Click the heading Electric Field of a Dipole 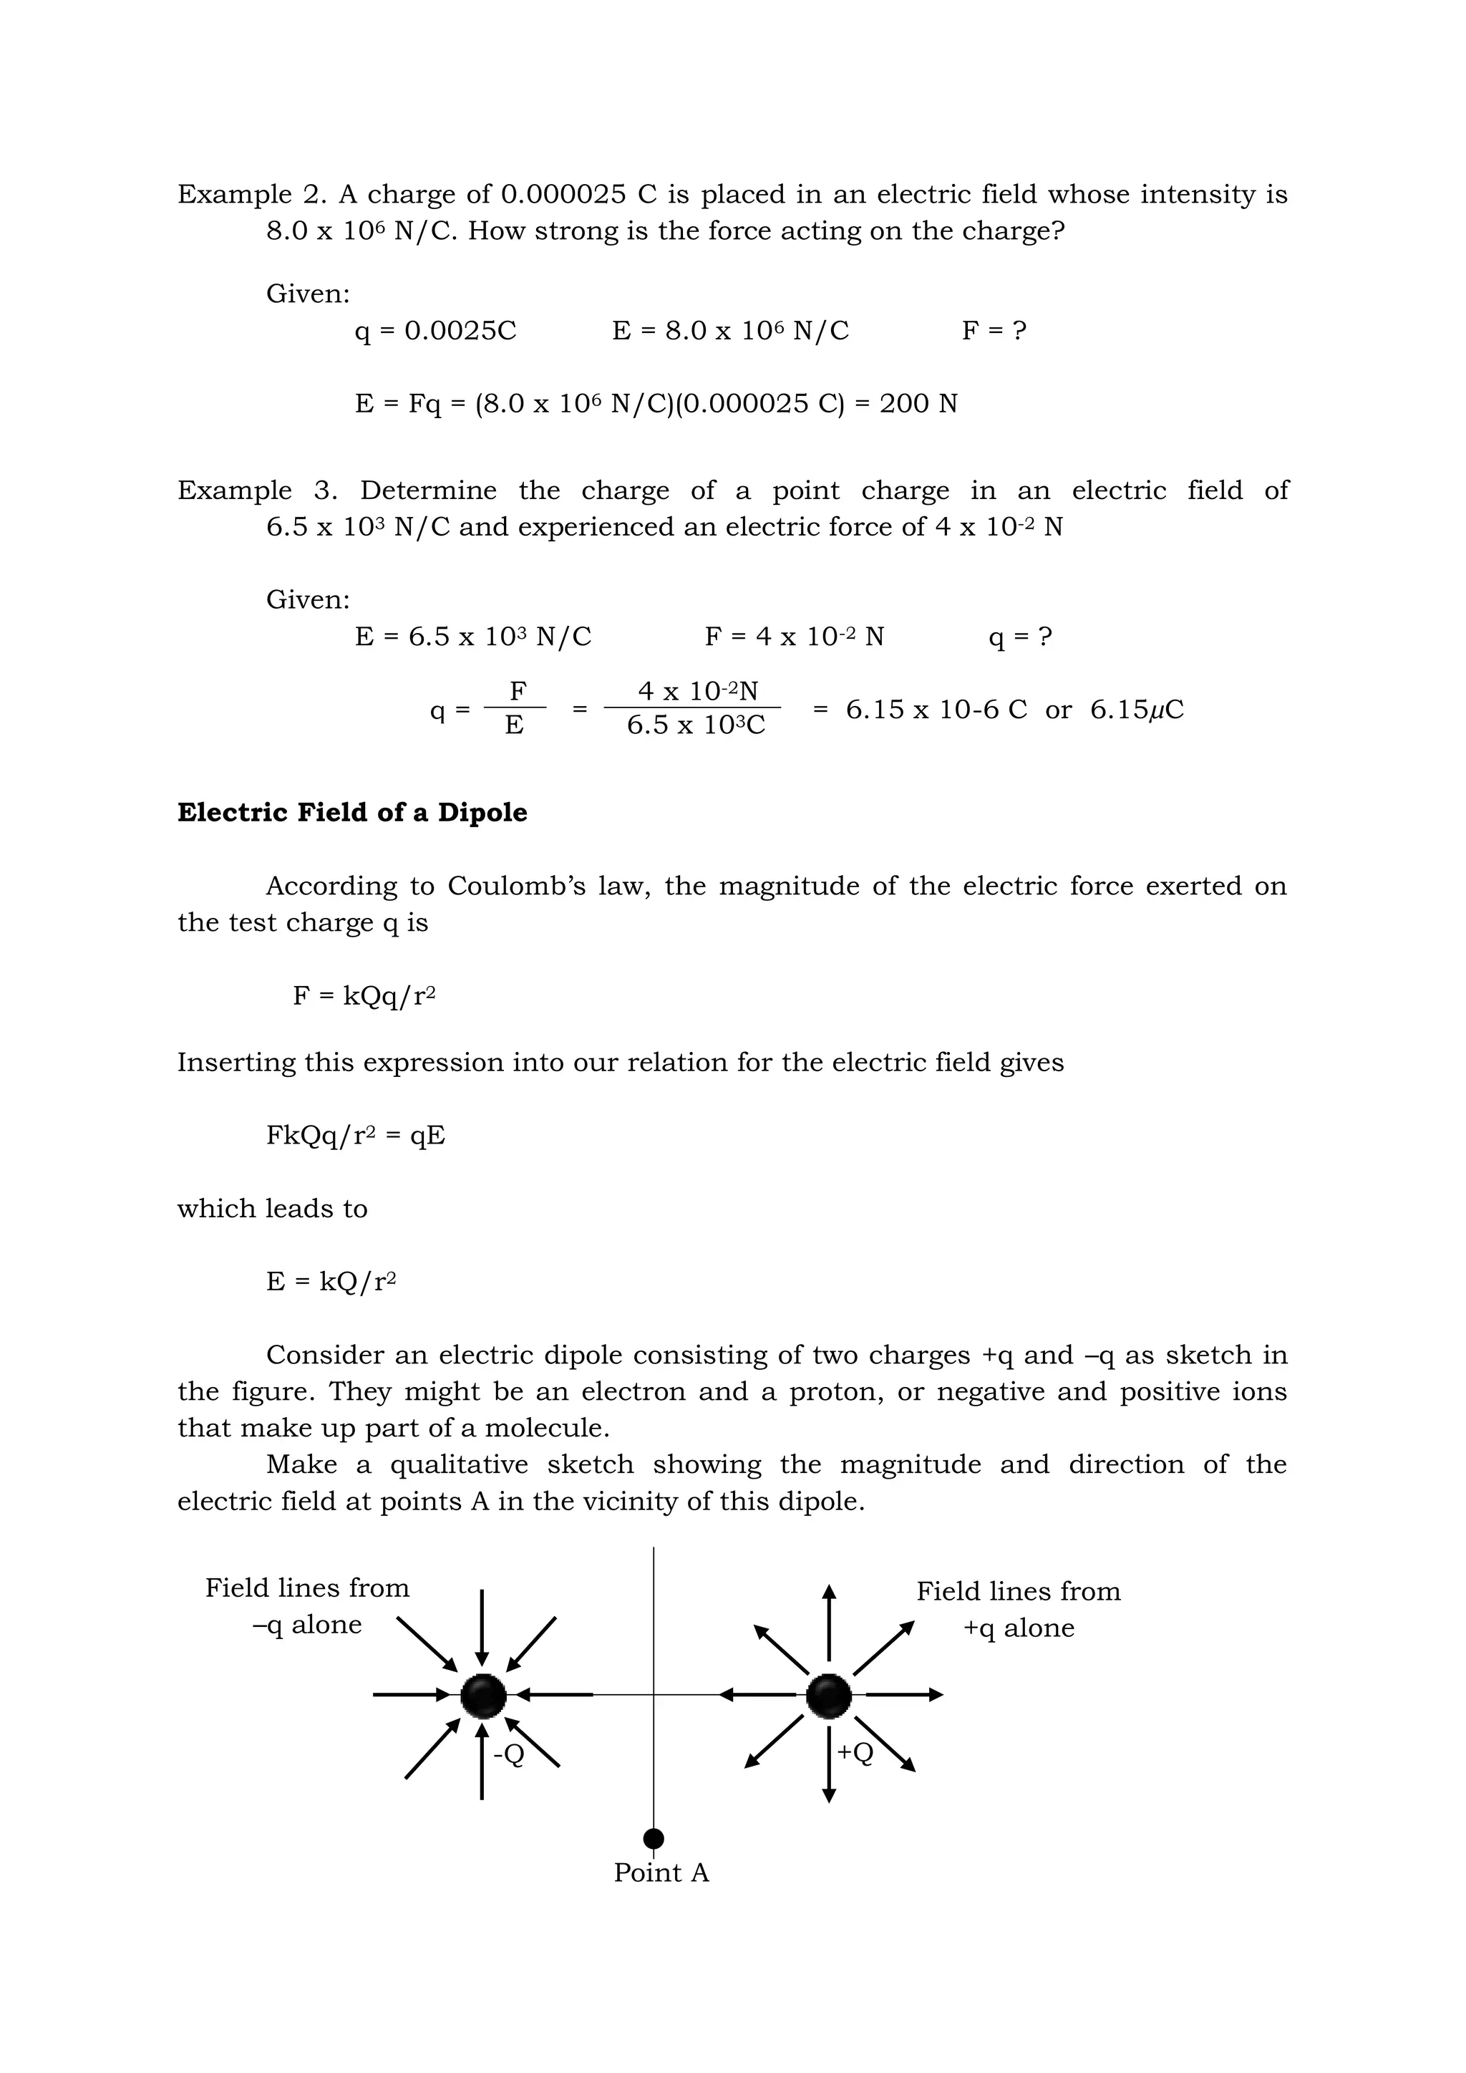tap(352, 813)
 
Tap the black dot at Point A tap(654, 1839)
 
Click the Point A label tap(661, 1873)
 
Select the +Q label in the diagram tap(855, 1751)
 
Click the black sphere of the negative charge tap(483, 1696)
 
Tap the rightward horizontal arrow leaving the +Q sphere tap(903, 1695)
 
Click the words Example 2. tap(235, 194)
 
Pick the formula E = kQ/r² tap(331, 1281)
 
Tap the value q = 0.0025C tap(435, 330)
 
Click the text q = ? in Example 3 tap(1020, 637)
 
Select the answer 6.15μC tap(1137, 710)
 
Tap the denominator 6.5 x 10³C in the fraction tap(695, 725)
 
